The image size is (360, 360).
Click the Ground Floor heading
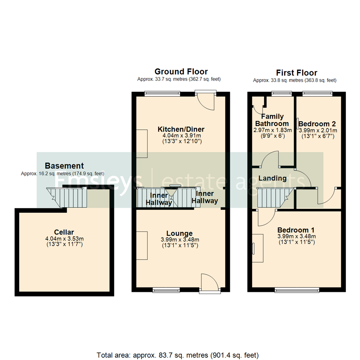click(181, 72)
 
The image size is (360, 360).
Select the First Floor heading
click(296, 73)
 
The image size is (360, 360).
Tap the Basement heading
click(64, 166)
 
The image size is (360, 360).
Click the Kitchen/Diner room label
click(181, 129)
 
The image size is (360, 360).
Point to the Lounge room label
click(180, 233)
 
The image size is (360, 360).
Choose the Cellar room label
click(64, 232)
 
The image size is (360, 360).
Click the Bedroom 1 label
click(296, 230)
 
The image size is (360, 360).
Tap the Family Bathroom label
click(272, 120)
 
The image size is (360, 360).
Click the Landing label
click(273, 178)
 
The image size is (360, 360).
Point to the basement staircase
click(67, 197)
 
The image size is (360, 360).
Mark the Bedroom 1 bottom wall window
click(297, 290)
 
